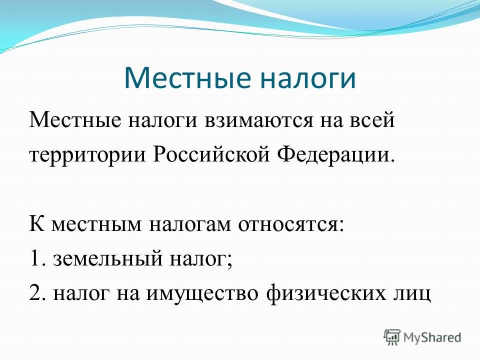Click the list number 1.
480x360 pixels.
coord(38,258)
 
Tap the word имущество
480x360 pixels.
coord(201,295)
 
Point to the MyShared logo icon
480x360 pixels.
coord(392,337)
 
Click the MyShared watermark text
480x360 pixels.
coord(432,337)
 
